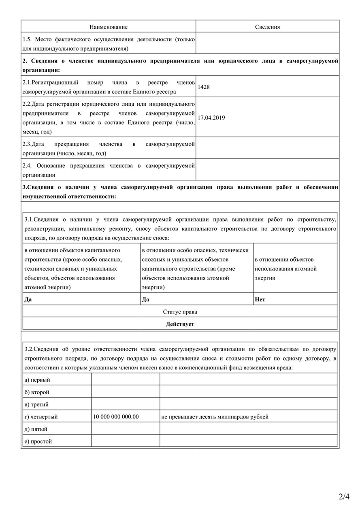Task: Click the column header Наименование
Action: [108, 27]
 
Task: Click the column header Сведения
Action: [267, 27]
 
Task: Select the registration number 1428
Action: [204, 87]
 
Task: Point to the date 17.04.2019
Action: [211, 118]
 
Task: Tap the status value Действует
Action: [180, 324]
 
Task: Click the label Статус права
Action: [180, 312]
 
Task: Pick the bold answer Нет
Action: [260, 300]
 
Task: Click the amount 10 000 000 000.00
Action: [116, 416]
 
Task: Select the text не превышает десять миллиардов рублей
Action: [215, 416]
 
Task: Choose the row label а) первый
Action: [37, 380]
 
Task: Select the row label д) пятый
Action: [36, 429]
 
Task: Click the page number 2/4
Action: [344, 496]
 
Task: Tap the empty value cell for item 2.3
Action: [267, 149]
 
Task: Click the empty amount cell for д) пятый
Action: [126, 429]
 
